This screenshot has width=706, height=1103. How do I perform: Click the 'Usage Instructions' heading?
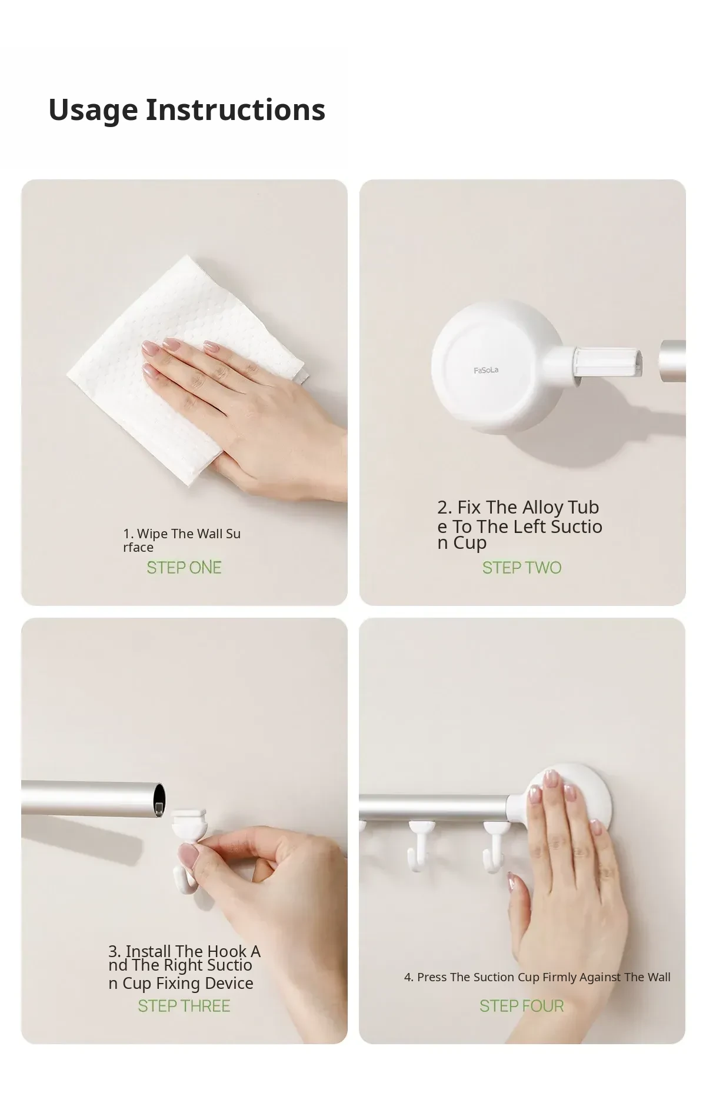coord(187,110)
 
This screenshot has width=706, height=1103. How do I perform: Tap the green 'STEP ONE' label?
coord(184,568)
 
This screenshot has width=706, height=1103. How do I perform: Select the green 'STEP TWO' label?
coord(522,568)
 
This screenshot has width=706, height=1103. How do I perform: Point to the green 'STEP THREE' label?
coord(184,1006)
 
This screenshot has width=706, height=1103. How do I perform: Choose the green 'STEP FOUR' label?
coord(522,1006)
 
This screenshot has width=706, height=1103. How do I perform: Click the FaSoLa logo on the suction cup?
coord(486,370)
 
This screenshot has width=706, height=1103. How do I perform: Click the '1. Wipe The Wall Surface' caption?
coord(182,541)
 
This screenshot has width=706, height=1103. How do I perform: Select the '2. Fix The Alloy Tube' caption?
coord(519,525)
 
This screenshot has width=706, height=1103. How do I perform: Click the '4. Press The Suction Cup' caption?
coord(537,977)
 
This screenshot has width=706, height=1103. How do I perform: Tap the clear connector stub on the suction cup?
coord(607,361)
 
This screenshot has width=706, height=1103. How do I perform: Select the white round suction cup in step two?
coord(500,367)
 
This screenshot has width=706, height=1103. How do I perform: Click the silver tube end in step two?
coord(672,361)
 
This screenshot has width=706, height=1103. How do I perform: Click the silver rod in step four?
coord(435,807)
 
